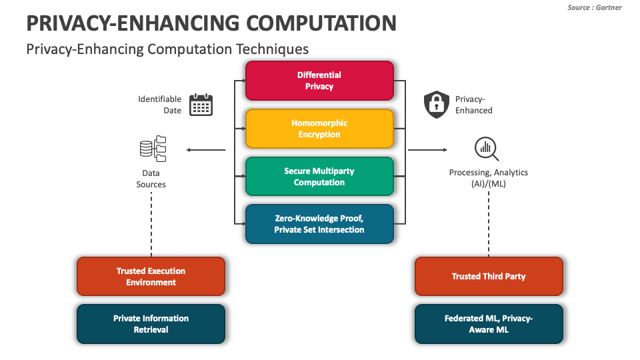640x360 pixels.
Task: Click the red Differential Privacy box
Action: [x=319, y=81]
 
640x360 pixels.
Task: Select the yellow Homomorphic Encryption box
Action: [x=319, y=129]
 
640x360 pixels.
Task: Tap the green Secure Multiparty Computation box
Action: [x=319, y=177]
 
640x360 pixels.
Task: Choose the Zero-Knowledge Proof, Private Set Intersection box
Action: [x=319, y=224]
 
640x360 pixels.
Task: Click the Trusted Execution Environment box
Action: [x=151, y=277]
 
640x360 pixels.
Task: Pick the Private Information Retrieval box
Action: [x=151, y=324]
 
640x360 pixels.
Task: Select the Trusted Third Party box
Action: [x=489, y=277]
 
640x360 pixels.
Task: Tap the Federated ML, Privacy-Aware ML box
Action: [x=489, y=324]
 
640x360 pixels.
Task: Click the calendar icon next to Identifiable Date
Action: [x=201, y=105]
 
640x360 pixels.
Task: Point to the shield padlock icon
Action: [x=437, y=105]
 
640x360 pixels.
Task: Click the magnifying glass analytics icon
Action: [x=487, y=149]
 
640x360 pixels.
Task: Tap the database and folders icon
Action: [x=153, y=149]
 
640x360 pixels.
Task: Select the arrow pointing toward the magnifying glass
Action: [x=427, y=150]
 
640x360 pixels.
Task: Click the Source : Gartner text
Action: [x=595, y=7]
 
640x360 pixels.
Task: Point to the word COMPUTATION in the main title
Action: [x=321, y=23]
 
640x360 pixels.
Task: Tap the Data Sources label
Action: [x=151, y=179]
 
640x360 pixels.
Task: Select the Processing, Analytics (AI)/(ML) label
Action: [x=488, y=178]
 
